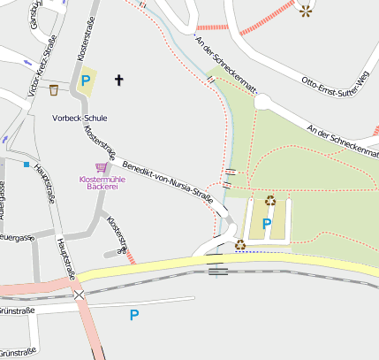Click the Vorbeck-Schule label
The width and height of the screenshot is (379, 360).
(x=80, y=117)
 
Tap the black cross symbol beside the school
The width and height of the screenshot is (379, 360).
(x=119, y=80)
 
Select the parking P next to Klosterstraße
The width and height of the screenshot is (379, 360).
(x=86, y=81)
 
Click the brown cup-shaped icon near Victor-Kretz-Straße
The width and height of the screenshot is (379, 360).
(x=54, y=89)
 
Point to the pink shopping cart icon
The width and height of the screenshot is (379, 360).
(x=102, y=167)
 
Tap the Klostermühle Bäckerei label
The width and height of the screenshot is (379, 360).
(x=102, y=184)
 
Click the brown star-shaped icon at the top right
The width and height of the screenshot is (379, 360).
(x=305, y=11)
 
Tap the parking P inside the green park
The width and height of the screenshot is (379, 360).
(x=266, y=224)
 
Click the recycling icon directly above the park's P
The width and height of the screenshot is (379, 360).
(x=269, y=200)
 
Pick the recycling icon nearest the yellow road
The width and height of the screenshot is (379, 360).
(x=239, y=244)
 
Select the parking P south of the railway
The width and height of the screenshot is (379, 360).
(x=134, y=314)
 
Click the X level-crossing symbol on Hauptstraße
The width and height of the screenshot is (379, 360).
(x=80, y=295)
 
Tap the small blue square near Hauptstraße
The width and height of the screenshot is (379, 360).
(x=27, y=165)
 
